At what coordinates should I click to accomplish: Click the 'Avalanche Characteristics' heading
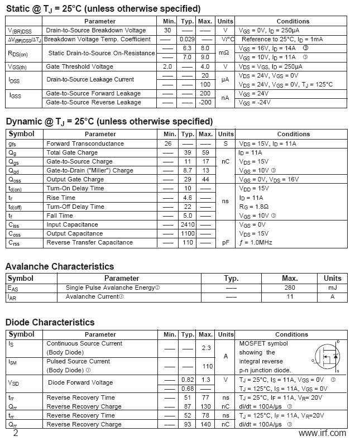tap(60, 266)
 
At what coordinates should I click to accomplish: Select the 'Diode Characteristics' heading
tap(50, 322)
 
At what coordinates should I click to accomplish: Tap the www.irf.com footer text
tap(322, 433)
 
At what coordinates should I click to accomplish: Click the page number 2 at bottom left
tap(15, 433)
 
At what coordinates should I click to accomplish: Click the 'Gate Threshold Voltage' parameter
tap(79, 66)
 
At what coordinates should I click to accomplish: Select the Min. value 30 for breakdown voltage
tap(167, 30)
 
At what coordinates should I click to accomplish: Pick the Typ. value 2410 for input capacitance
tap(188, 224)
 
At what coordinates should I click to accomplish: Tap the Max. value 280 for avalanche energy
tap(290, 287)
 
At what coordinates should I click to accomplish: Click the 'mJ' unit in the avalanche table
tap(332, 287)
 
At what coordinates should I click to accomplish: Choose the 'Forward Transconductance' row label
tap(85, 143)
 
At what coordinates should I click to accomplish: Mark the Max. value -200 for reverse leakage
tap(205, 102)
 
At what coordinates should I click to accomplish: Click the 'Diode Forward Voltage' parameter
tap(80, 383)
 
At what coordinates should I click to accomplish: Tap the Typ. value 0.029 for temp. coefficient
tap(187, 39)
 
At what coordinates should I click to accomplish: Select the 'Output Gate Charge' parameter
tap(75, 179)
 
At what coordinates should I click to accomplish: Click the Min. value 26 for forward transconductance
tap(167, 143)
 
